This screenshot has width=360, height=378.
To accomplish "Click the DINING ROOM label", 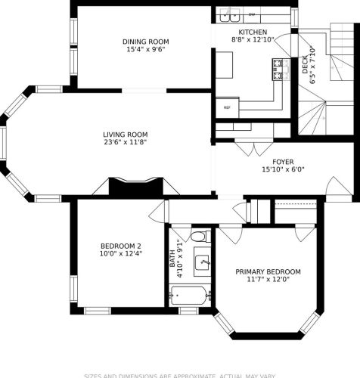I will point(146,42).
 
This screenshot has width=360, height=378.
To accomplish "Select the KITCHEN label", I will point(252,32).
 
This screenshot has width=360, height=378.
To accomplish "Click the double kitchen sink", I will point(230,14).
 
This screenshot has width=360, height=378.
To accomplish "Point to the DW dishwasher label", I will point(251,14).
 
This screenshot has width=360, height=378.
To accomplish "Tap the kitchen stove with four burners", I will point(278,70).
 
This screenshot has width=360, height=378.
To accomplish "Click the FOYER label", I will point(283,161).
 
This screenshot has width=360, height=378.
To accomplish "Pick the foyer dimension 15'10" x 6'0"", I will point(283,169).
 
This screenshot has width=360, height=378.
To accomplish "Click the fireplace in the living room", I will point(136,187).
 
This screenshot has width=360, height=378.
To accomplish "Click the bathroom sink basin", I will point(201,263).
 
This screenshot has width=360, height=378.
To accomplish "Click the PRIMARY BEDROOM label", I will point(268,271).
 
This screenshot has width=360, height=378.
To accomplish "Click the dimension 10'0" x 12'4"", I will point(121,254).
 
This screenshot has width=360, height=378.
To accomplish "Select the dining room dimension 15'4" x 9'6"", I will point(146,49).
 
